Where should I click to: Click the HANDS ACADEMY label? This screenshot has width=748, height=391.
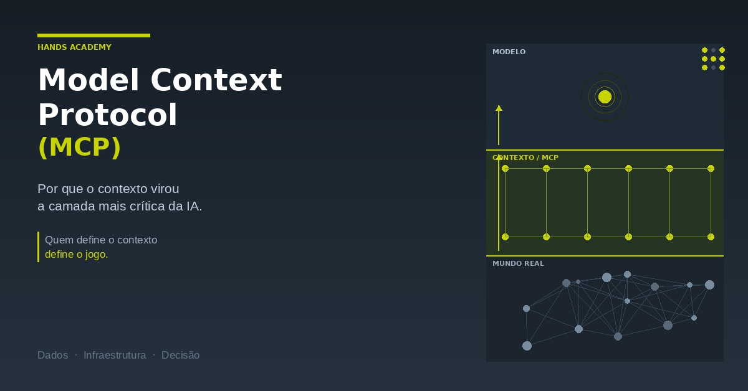74,47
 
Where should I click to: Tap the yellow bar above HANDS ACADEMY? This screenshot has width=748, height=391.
94,35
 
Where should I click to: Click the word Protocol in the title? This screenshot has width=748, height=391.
107,115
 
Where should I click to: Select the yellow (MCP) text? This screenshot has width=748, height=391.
80,147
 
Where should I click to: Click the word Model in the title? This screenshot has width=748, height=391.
89,80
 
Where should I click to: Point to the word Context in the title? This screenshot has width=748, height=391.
216,80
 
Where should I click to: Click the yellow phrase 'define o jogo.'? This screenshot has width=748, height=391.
77,255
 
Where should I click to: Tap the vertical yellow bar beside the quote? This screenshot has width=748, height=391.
39,247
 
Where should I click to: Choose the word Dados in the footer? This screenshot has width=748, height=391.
53,356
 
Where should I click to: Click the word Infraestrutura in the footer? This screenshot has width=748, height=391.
115,356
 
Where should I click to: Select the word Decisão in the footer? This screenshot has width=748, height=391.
181,356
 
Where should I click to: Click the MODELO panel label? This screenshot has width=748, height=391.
509,52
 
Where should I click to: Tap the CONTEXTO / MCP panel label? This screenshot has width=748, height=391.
525,158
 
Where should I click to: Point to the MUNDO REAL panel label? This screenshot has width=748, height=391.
518,263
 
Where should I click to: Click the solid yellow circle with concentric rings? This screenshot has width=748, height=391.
605,97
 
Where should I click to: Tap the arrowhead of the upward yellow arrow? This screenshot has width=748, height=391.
499,108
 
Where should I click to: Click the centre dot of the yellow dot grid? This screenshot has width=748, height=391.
713,59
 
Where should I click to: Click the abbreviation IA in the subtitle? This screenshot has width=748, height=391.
194,206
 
